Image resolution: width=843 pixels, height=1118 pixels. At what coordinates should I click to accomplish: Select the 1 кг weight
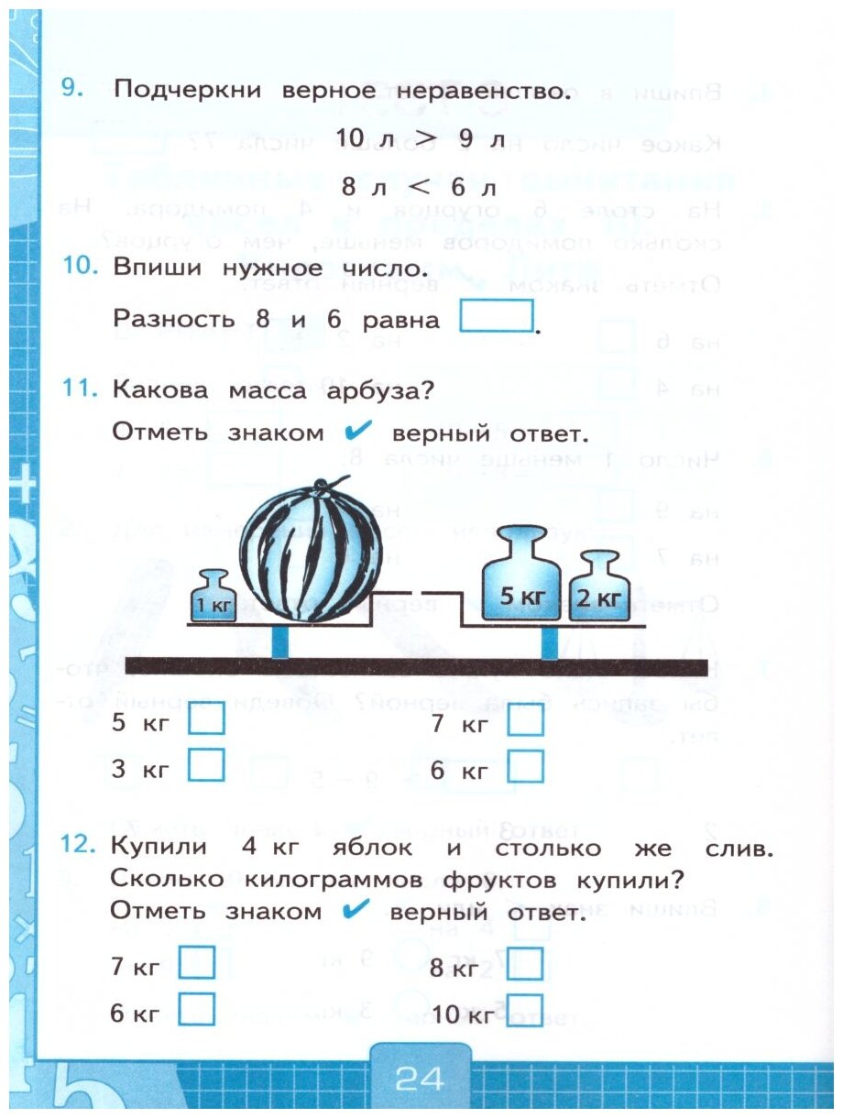[x=213, y=597]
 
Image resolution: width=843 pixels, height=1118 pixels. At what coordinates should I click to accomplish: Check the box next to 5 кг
[x=206, y=720]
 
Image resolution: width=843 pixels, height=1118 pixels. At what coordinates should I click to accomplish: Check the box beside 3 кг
[x=206, y=764]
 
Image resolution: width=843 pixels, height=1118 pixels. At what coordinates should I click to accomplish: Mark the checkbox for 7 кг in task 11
[x=525, y=721]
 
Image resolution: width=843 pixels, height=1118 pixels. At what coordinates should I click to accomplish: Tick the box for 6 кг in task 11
[x=525, y=766]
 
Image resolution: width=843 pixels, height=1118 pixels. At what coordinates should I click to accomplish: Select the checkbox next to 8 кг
[x=524, y=964]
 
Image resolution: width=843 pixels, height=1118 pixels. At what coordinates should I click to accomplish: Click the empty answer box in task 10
[x=496, y=317]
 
